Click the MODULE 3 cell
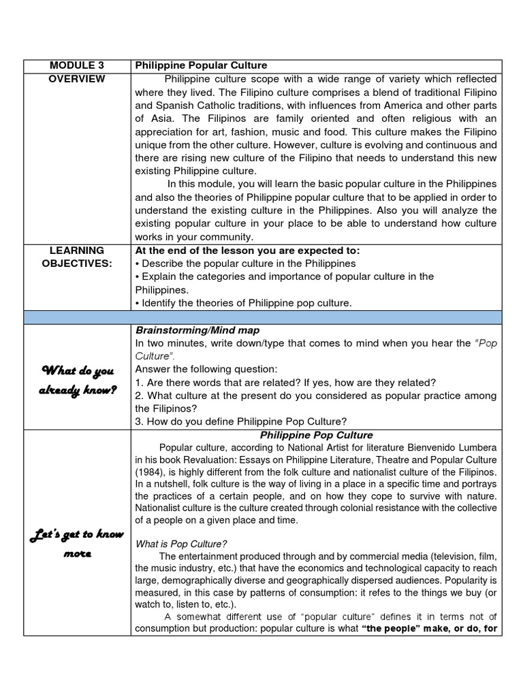click(77, 65)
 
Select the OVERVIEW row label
click(77, 79)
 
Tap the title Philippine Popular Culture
click(201, 65)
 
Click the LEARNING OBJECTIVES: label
click(77, 257)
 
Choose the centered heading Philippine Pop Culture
click(317, 435)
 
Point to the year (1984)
click(150, 472)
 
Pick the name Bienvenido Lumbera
click(454, 447)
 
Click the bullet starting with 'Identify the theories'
click(243, 303)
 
